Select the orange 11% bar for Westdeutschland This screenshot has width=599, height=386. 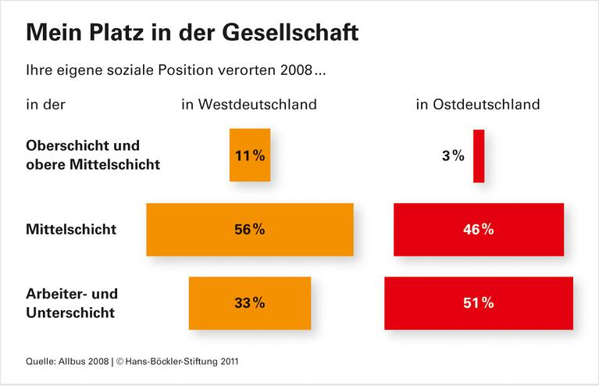[250, 155]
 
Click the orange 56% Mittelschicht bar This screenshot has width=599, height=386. [250, 230]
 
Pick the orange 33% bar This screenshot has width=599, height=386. [250, 303]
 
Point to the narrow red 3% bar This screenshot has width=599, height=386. [479, 155]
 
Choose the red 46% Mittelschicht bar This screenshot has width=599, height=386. [479, 230]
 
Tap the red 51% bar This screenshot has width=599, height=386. [479, 303]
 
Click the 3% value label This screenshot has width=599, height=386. [453, 155]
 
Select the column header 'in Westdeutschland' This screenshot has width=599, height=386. [249, 104]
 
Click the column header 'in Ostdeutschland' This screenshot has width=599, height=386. [478, 104]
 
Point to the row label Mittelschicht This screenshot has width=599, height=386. [71, 230]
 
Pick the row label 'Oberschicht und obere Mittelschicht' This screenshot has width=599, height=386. [93, 155]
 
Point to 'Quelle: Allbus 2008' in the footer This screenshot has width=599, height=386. [66, 362]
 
